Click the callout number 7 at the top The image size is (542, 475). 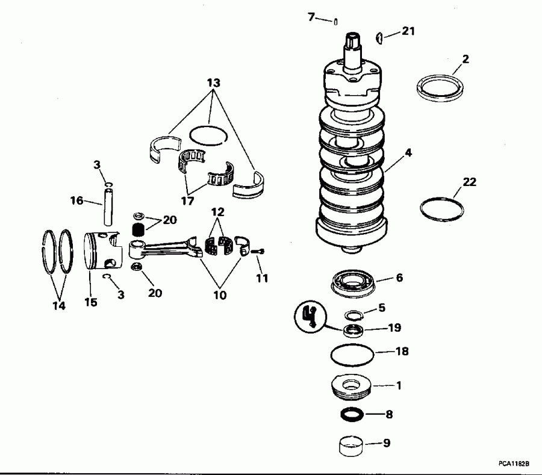311,17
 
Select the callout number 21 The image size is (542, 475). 408,31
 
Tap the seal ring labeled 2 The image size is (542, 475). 440,87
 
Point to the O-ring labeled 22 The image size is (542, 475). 441,208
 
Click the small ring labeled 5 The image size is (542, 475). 354,314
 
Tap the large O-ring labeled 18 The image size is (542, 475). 352,353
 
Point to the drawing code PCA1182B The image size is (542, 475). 513,464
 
